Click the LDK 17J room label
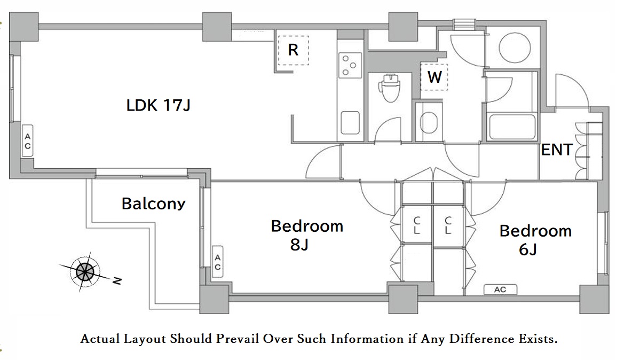click(x=159, y=105)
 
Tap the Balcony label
click(x=154, y=204)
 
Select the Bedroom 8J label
click(x=307, y=235)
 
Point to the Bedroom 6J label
click(x=535, y=240)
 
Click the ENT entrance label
click(x=557, y=150)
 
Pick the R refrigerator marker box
click(x=293, y=50)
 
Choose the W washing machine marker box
click(x=434, y=76)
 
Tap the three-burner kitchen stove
click(x=350, y=65)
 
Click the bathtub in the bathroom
click(x=512, y=127)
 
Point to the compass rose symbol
click(x=85, y=271)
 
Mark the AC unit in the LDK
click(x=27, y=141)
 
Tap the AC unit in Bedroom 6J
click(x=500, y=289)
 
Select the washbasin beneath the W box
click(x=428, y=122)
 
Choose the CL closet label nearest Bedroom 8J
click(x=416, y=225)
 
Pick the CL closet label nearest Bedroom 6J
click(x=448, y=225)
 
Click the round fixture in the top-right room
click(x=515, y=47)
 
